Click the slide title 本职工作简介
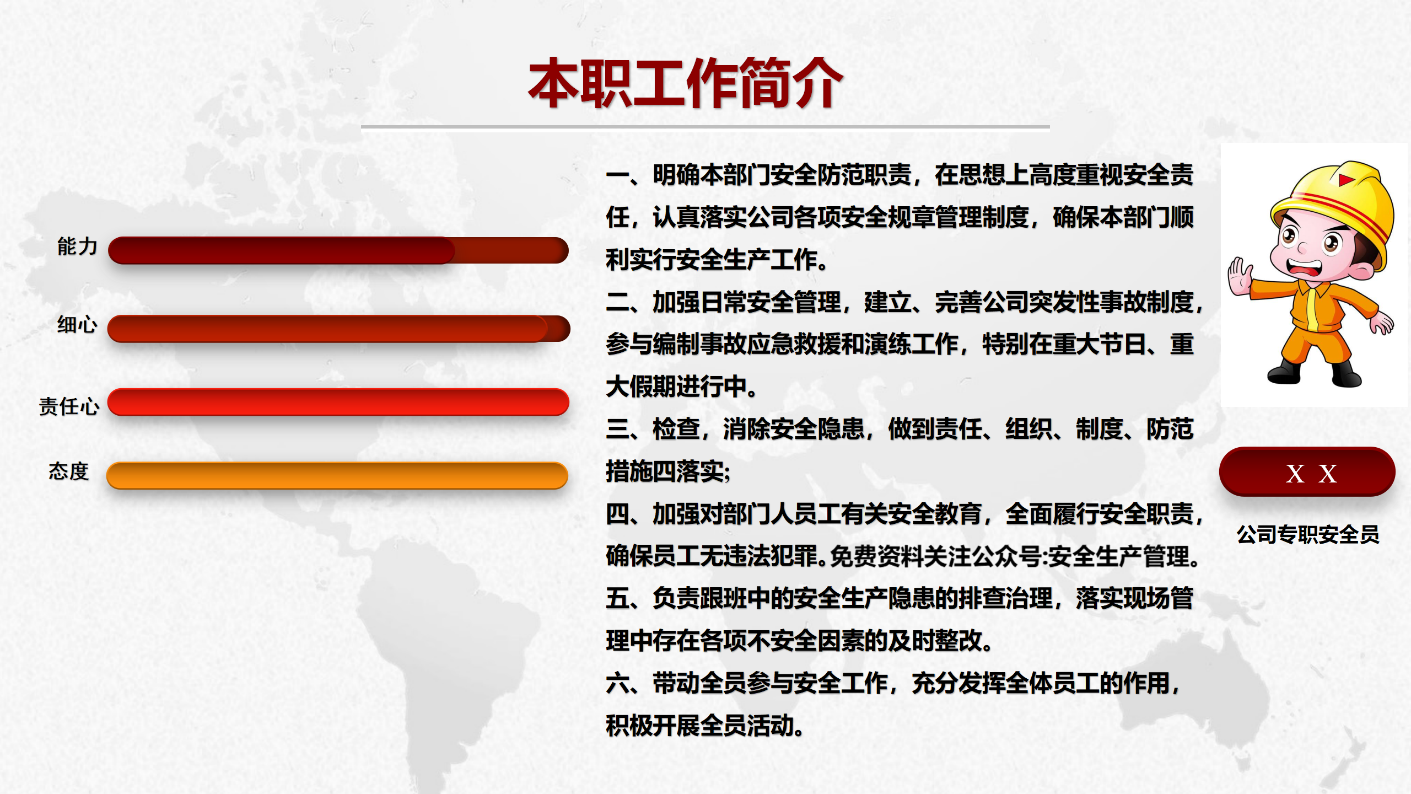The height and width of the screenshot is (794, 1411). (x=686, y=83)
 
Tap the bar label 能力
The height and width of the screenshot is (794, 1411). (x=77, y=246)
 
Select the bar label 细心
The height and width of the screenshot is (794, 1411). (x=77, y=325)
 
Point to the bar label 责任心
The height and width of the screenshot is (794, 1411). (x=69, y=406)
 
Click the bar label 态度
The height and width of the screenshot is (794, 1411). (x=69, y=471)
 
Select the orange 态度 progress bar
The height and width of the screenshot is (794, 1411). (x=337, y=475)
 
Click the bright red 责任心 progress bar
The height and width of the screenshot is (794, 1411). (x=338, y=402)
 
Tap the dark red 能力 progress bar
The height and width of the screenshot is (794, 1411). (x=338, y=250)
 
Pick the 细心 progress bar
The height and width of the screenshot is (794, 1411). (x=339, y=329)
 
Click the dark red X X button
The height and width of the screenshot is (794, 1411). (x=1307, y=472)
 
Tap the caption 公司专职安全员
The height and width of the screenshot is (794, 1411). (x=1308, y=534)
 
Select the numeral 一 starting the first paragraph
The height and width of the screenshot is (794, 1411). (x=617, y=175)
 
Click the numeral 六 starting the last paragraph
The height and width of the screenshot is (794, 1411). (x=617, y=683)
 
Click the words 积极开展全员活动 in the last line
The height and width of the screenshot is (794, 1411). (x=699, y=726)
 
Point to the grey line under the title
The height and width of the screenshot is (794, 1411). (x=705, y=127)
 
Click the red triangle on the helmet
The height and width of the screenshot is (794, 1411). (x=1346, y=180)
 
